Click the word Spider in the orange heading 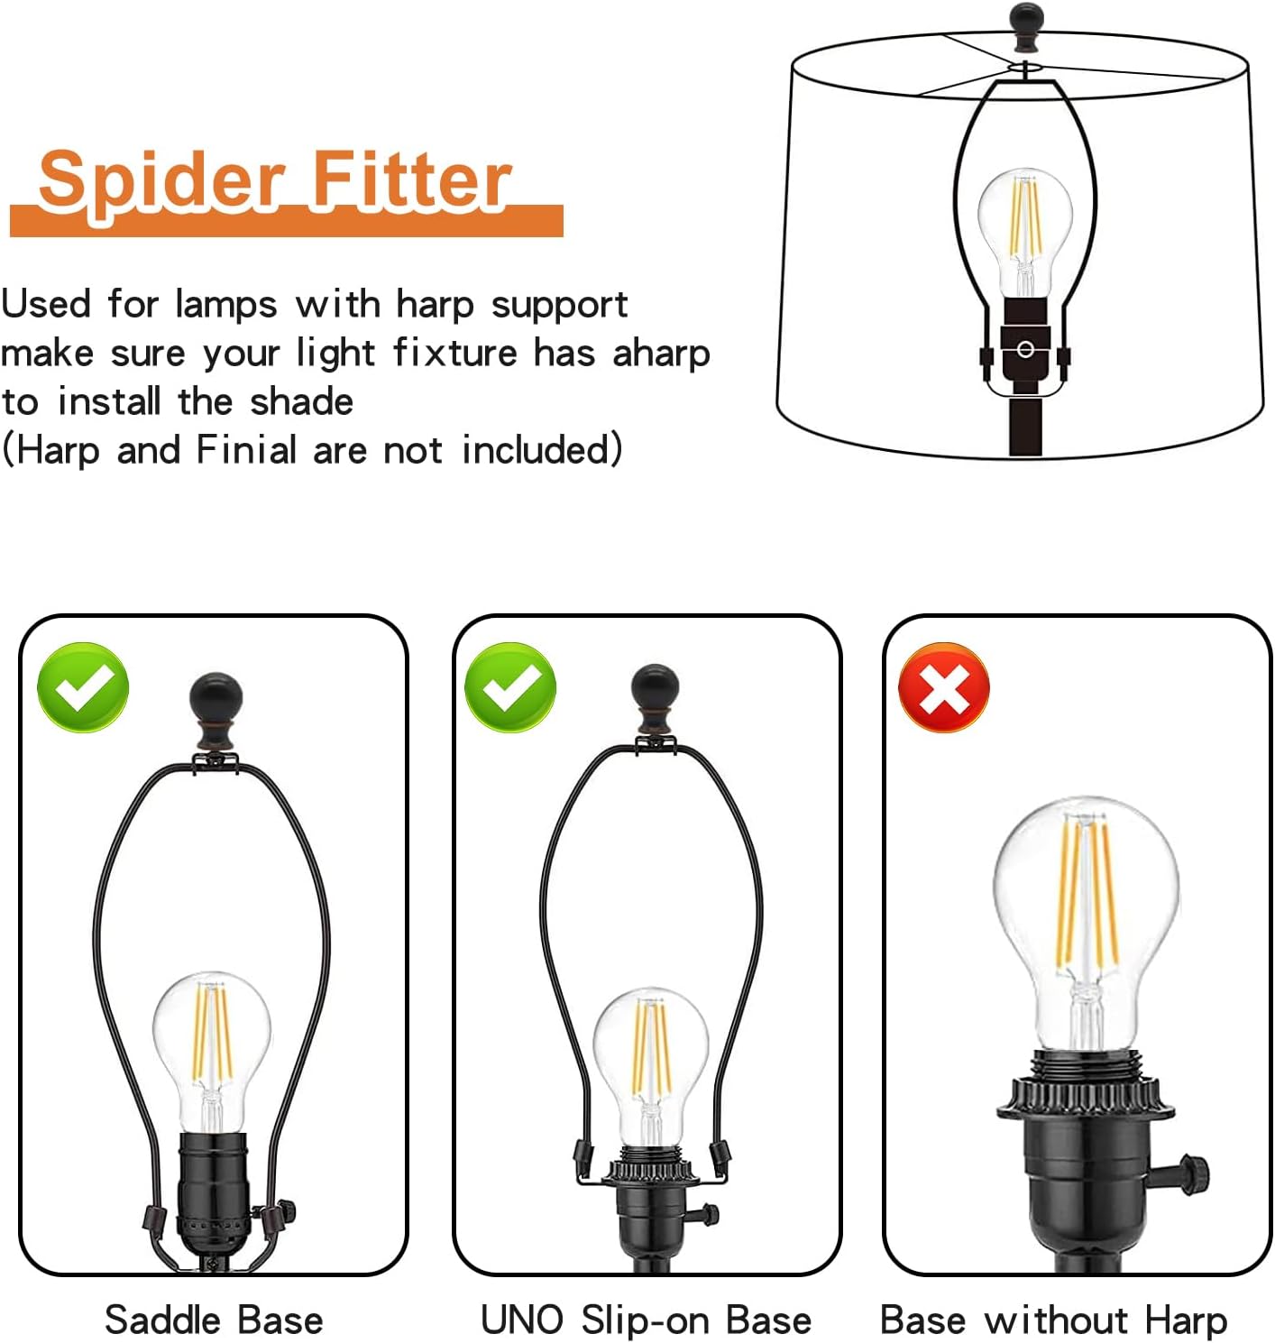(161, 182)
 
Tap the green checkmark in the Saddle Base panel (83, 687)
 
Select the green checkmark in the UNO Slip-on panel (510, 687)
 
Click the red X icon (944, 687)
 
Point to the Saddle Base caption (214, 1319)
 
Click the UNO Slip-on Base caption (646, 1319)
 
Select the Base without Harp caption (1054, 1320)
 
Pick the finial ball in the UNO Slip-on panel (655, 699)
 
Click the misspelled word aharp (661, 354)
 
